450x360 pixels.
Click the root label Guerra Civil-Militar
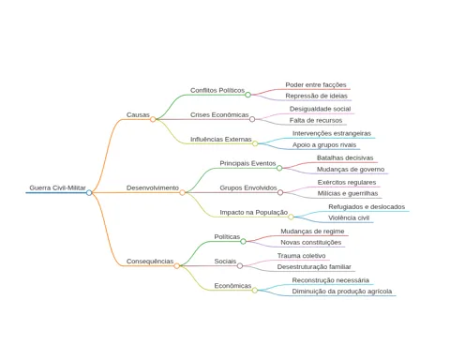[x=57, y=187]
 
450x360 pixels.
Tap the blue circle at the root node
[x=89, y=193]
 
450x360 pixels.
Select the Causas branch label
[x=138, y=114]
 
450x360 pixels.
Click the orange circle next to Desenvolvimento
[x=182, y=193]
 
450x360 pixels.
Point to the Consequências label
[x=150, y=262]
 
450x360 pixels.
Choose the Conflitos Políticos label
[x=217, y=90]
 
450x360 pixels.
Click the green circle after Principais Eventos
[x=279, y=168]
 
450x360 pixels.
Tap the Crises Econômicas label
[x=219, y=114]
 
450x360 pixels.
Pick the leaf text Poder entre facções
[x=316, y=84]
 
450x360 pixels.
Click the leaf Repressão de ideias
[x=316, y=96]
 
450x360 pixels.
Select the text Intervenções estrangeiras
[x=332, y=133]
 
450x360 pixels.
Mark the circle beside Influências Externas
[x=255, y=143]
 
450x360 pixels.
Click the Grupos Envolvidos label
[x=248, y=187]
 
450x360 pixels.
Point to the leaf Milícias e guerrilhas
[x=348, y=193]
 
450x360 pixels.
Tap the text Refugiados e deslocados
[x=367, y=207]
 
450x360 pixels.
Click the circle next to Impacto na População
[x=291, y=217]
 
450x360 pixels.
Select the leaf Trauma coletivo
[x=301, y=256]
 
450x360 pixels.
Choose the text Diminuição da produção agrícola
[x=342, y=292]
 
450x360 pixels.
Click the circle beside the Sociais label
[x=240, y=266]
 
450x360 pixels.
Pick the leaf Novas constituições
[x=310, y=242]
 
